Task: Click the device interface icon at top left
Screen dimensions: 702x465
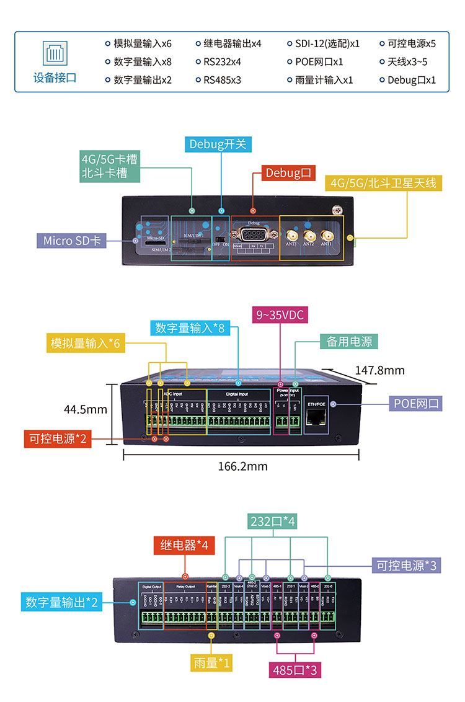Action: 54,53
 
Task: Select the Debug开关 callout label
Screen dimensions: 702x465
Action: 218,144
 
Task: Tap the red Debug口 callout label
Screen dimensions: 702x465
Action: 288,172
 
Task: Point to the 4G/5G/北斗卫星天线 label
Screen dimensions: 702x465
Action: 383,183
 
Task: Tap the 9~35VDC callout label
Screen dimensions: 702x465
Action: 280,315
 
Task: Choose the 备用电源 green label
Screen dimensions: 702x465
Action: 349,341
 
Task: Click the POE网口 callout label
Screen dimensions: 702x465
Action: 416,404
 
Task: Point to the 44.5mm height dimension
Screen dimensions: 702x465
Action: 86,409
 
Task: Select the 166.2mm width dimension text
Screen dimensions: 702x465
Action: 242,466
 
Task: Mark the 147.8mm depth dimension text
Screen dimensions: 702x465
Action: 379,370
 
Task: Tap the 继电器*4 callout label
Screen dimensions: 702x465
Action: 184,546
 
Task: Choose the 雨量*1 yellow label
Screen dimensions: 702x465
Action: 212,663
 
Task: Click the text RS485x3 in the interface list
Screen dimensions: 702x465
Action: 222,80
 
